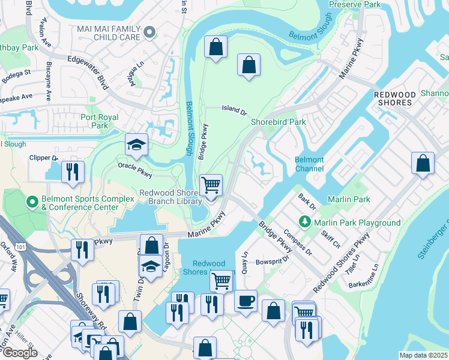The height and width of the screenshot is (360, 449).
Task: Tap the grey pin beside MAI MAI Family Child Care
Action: point(150,32)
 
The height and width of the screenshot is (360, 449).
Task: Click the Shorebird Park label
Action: point(278,122)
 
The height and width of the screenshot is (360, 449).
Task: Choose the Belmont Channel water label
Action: point(309,164)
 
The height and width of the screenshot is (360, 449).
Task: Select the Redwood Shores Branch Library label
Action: point(170,197)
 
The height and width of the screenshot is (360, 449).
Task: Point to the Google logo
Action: point(19,353)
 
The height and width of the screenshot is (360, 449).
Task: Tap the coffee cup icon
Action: point(246,301)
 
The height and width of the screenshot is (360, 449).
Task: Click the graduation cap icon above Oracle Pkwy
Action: point(137,145)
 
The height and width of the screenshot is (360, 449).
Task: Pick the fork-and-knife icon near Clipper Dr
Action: point(73,172)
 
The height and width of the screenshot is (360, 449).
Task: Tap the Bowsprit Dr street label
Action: point(273,261)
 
